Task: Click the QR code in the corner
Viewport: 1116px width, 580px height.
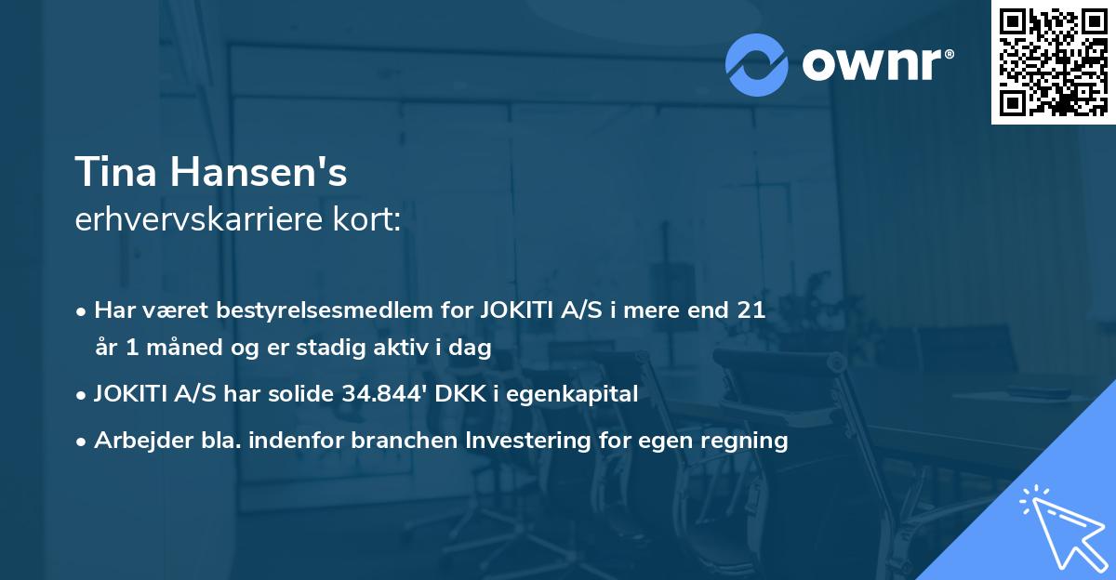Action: point(1054,61)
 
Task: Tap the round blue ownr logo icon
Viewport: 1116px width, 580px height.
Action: point(757,64)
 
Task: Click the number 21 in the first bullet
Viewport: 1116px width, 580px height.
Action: point(751,310)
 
